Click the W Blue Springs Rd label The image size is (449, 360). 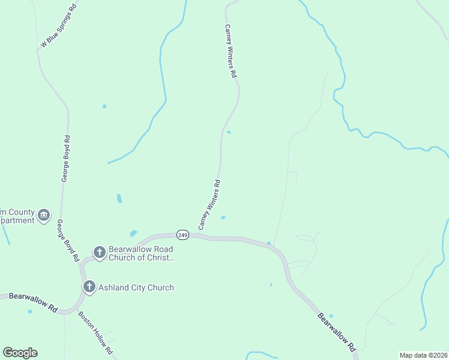(59, 25)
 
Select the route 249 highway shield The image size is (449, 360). (183, 235)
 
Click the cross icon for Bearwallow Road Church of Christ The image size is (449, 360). (100, 253)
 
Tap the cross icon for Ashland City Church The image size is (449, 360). (89, 287)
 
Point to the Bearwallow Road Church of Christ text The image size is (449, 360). (141, 253)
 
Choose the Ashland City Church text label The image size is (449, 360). (137, 287)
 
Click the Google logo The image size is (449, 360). (20, 353)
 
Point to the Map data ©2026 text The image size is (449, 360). (423, 355)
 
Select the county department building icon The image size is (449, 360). (43, 215)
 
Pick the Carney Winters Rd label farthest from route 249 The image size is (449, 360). (231, 52)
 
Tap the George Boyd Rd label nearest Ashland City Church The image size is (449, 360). (68, 240)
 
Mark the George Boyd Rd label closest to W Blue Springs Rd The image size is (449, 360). (65, 158)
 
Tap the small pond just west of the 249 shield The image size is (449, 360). (133, 233)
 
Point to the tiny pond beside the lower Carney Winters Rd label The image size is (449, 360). (223, 217)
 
